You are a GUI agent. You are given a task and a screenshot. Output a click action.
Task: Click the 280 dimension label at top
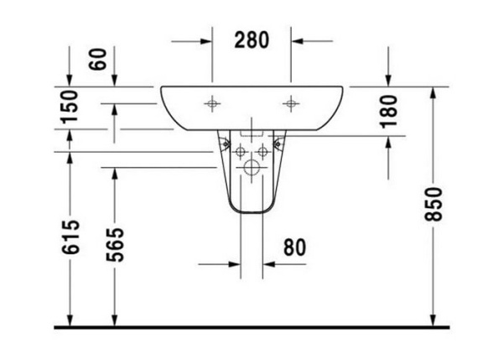click(251, 39)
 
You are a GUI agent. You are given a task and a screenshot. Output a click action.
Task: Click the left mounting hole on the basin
click(212, 104)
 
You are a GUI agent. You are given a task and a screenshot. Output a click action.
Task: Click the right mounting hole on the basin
click(291, 104)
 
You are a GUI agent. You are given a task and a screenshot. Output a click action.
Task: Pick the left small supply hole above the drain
click(241, 151)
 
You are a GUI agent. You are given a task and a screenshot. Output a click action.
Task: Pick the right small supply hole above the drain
click(262, 151)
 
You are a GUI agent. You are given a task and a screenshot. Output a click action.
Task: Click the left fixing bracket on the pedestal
click(226, 143)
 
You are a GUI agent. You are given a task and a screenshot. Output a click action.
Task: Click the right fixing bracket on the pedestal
click(277, 143)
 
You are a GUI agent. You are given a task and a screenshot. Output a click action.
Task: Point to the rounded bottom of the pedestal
click(251, 210)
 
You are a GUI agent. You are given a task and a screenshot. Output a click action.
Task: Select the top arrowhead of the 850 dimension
click(433, 91)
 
